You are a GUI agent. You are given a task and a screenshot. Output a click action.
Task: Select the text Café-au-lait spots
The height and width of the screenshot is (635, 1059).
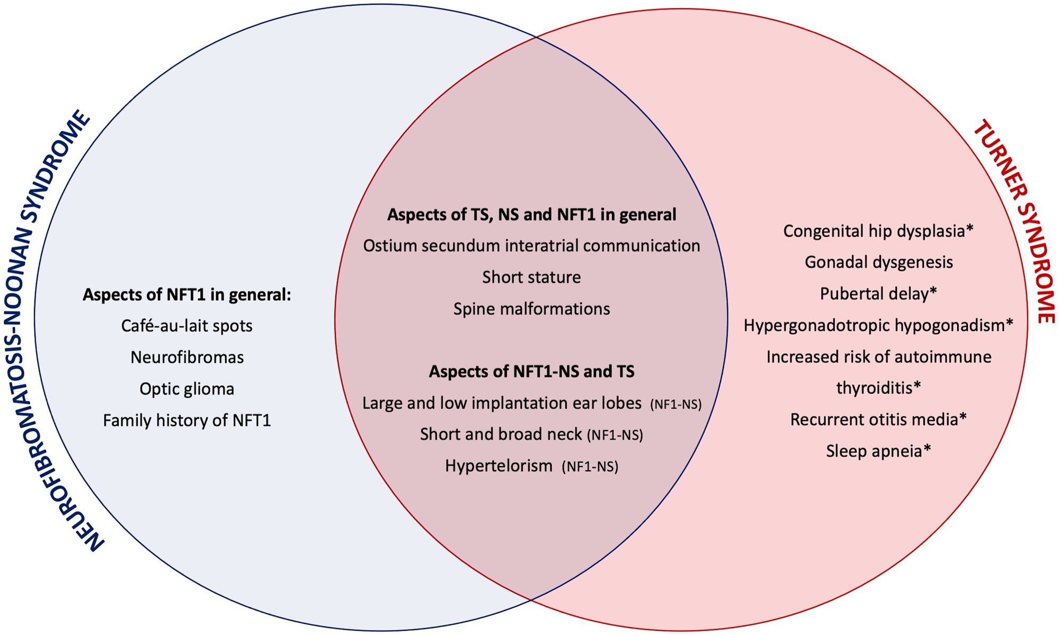coord(186,326)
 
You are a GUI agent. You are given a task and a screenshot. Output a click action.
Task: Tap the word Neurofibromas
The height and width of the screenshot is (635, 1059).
coord(186,357)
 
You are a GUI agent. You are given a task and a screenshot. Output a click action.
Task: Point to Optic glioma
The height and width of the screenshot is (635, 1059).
coord(186,389)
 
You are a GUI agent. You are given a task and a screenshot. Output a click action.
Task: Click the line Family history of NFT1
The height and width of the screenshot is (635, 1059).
coord(186,421)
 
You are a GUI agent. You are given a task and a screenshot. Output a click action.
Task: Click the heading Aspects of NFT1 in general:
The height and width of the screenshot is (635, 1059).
coord(186,294)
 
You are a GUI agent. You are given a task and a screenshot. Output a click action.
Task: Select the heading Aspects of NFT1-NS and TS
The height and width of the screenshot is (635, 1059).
coord(531,371)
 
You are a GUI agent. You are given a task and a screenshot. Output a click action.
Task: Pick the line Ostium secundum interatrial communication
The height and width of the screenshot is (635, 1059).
coord(531,246)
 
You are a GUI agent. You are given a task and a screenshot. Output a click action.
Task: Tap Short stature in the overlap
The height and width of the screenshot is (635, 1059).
coord(531,277)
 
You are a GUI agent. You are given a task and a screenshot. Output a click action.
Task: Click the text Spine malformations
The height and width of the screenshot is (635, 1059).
coord(531,309)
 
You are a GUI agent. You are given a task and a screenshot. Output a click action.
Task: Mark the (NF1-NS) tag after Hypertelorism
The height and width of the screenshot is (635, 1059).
coord(590,467)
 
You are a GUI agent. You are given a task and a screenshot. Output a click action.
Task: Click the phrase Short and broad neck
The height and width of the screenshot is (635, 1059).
coord(501,434)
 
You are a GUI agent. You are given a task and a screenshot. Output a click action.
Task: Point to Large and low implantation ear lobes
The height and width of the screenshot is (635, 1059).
coord(502,403)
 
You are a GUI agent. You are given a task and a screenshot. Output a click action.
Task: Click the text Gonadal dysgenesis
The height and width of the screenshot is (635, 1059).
coord(878,262)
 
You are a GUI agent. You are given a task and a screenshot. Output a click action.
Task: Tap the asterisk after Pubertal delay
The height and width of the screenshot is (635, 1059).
coord(933,293)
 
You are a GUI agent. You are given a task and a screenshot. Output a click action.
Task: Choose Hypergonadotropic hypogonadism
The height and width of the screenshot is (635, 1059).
coord(874,325)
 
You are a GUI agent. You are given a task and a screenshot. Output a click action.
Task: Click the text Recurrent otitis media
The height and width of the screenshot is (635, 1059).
coord(874,419)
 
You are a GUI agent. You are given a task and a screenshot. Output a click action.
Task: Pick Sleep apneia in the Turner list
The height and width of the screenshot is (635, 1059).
coord(874,451)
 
